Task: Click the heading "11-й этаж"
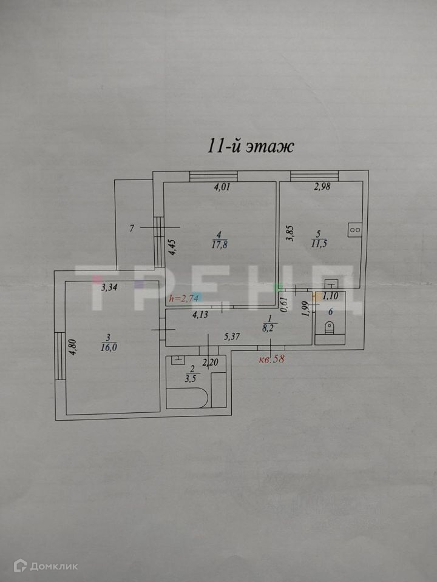(251, 146)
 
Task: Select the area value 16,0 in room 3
(109, 347)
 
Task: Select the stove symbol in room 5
(354, 230)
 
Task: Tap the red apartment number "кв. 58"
(271, 358)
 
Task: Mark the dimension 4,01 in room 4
(222, 187)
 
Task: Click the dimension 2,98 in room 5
(322, 187)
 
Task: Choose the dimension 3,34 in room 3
(109, 288)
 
